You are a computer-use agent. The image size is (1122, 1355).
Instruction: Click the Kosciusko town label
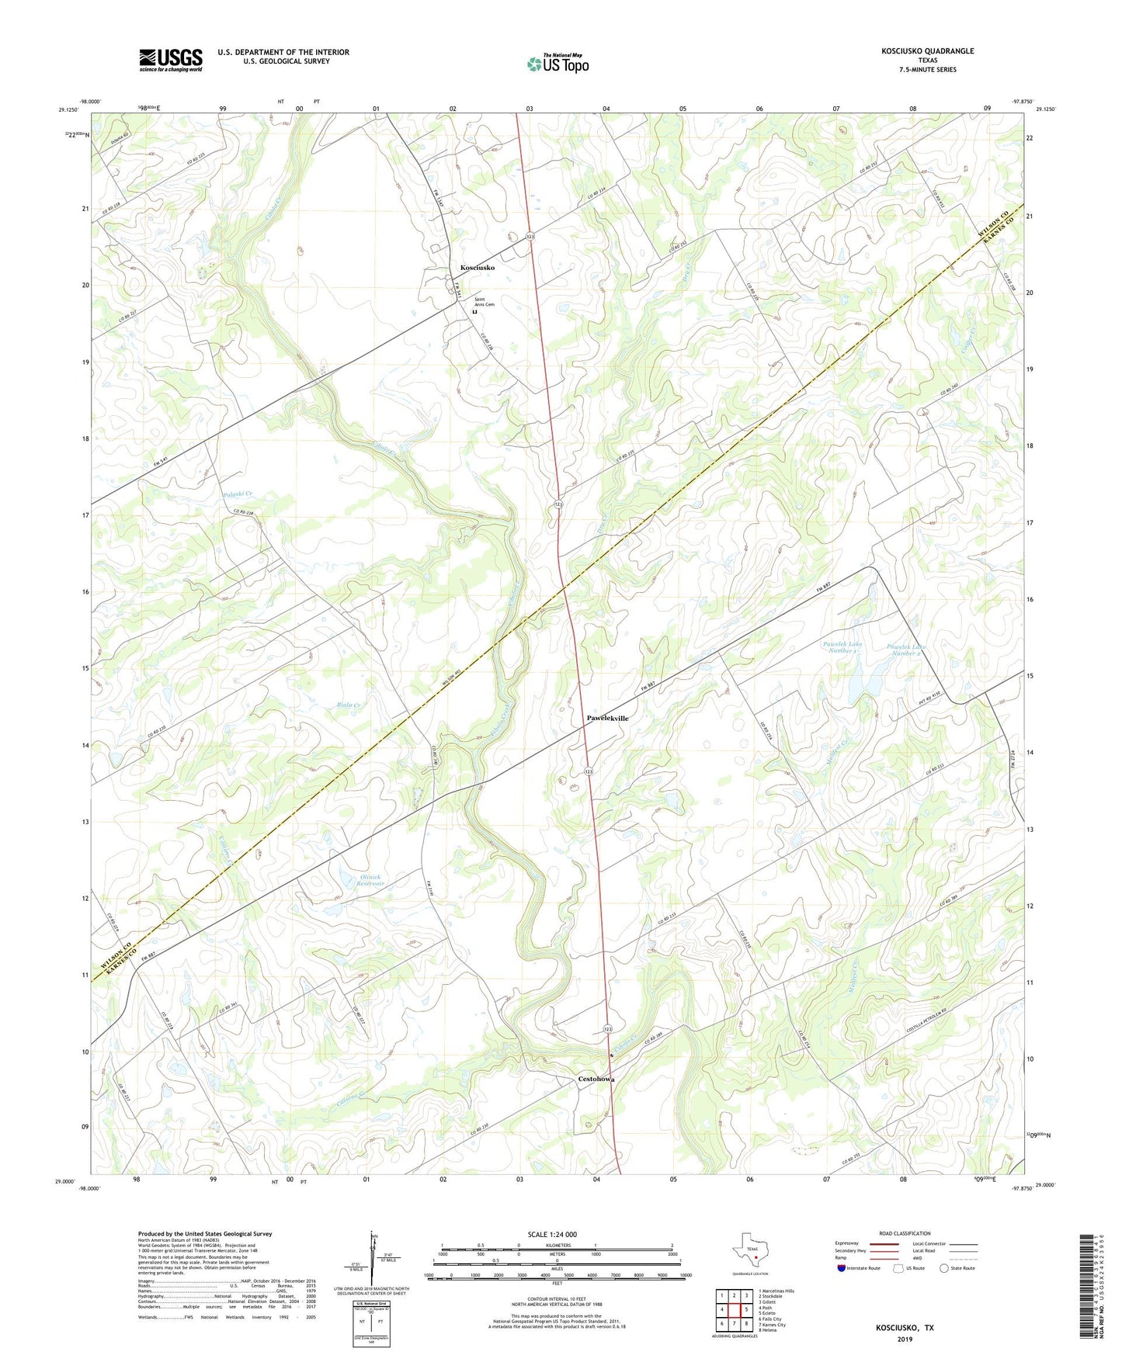pyautogui.click(x=477, y=268)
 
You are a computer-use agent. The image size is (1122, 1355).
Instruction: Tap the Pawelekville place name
pyautogui.click(x=607, y=719)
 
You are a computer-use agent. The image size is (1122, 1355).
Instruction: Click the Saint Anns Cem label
pyautogui.click(x=485, y=304)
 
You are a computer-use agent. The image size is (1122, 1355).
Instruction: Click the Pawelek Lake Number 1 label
pyautogui.click(x=842, y=647)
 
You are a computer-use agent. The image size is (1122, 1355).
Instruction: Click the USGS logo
pyautogui.click(x=171, y=60)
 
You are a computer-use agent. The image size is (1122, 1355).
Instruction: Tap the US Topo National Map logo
pyautogui.click(x=558, y=63)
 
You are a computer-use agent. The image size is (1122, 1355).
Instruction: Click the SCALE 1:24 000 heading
pyautogui.click(x=551, y=1235)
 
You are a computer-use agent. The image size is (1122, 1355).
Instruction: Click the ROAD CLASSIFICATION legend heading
pyautogui.click(x=905, y=1233)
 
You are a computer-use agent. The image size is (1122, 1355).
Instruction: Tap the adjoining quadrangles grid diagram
pyautogui.click(x=734, y=1311)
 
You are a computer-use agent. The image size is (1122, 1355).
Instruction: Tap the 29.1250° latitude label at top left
pyautogui.click(x=68, y=110)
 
